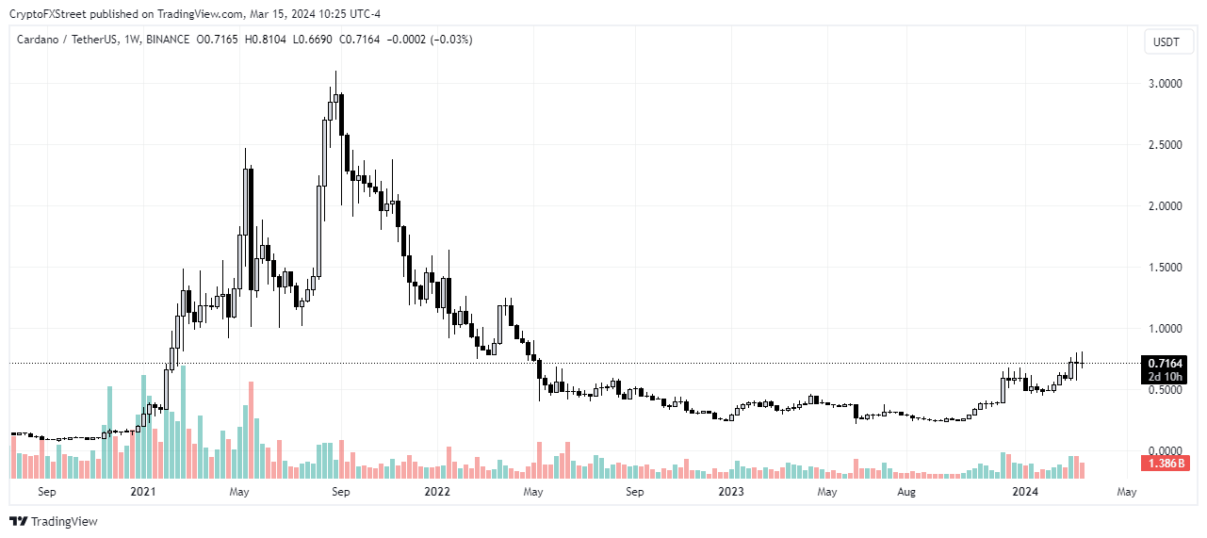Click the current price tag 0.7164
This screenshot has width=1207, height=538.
pyautogui.click(x=1165, y=364)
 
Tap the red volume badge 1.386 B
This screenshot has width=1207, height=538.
pyautogui.click(x=1165, y=464)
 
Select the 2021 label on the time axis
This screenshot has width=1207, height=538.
pyautogui.click(x=142, y=492)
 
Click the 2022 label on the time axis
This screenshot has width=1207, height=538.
pyautogui.click(x=437, y=492)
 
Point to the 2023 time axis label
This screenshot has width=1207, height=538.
pyautogui.click(x=731, y=492)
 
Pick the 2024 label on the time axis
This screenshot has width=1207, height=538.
pyautogui.click(x=1024, y=492)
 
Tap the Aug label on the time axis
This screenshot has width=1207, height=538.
pyautogui.click(x=906, y=492)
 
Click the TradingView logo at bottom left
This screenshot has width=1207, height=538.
pyautogui.click(x=54, y=521)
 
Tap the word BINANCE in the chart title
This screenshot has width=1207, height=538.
pyautogui.click(x=168, y=40)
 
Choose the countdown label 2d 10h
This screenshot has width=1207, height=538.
pyautogui.click(x=1165, y=377)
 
